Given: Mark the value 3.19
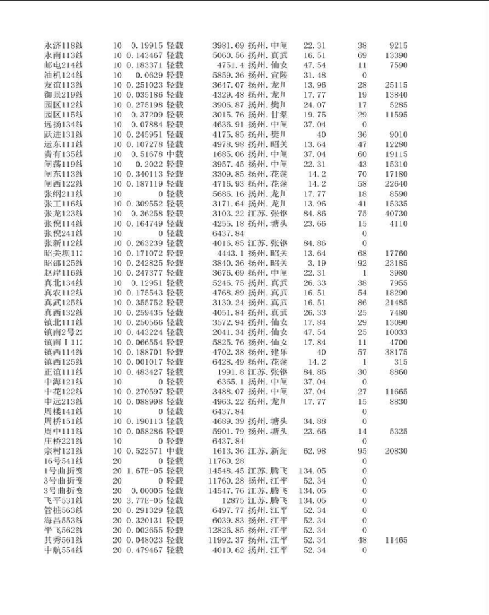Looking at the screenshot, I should click(x=318, y=263).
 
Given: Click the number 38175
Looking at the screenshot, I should click(x=397, y=352).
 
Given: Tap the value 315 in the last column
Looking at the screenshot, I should click(x=401, y=362).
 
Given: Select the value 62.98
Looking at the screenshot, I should click(x=314, y=451).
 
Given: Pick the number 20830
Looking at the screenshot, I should click(x=397, y=451).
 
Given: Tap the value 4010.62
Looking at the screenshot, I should click(x=228, y=550).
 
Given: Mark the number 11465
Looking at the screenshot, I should click(x=397, y=540).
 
